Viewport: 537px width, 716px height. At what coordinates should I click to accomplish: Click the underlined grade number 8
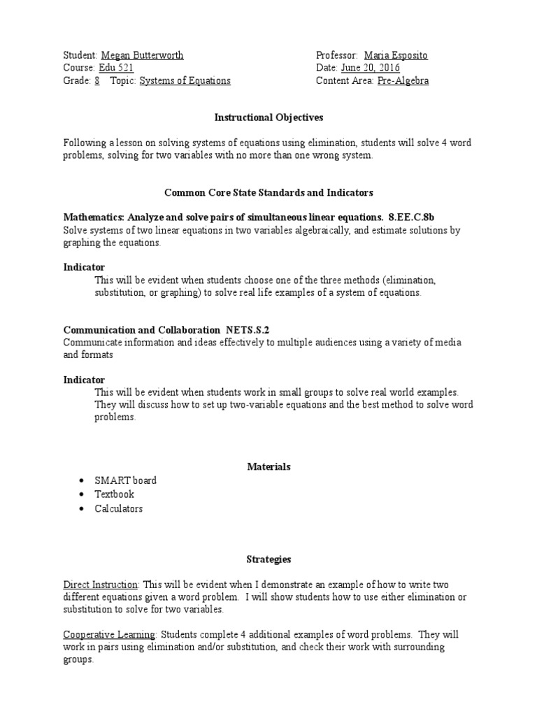[96, 80]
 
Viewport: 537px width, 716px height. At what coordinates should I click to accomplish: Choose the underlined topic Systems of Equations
[185, 80]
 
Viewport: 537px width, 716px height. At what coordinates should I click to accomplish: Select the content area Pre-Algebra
[403, 80]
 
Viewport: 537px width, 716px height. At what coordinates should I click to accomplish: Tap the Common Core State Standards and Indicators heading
[268, 192]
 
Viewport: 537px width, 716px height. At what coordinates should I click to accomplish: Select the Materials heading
[268, 466]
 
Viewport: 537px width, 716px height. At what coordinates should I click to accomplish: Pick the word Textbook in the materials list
[115, 494]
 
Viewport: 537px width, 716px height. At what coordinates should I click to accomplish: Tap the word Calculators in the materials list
[119, 508]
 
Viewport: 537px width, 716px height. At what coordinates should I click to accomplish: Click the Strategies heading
[268, 559]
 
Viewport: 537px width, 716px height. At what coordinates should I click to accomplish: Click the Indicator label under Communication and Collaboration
[84, 380]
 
